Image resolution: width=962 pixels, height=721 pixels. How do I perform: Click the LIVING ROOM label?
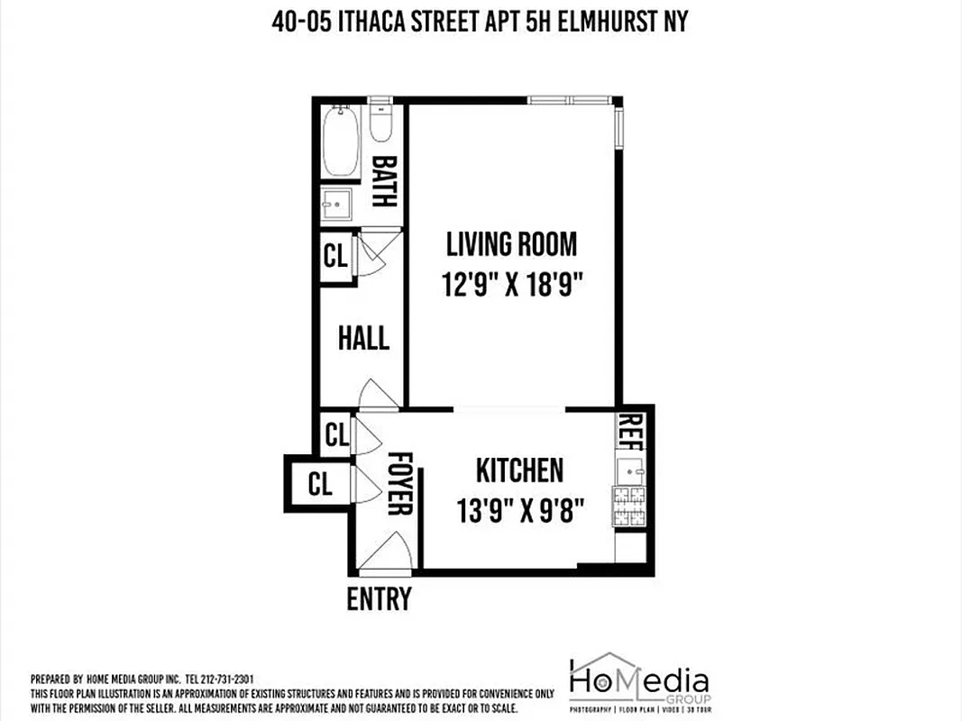tap(511, 244)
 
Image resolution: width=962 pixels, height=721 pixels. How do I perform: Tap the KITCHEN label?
tap(519, 470)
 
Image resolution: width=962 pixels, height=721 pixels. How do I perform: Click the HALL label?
tap(363, 339)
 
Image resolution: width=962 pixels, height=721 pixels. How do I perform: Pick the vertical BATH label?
tap(384, 182)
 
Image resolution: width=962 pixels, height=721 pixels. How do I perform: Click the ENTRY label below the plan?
tap(380, 598)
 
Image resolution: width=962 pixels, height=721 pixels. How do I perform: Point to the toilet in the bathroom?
tap(380, 123)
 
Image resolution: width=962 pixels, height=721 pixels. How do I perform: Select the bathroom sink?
tap(338, 205)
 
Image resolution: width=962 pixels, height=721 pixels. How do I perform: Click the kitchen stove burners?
tap(628, 507)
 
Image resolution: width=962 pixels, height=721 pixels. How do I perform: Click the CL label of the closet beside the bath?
tap(335, 257)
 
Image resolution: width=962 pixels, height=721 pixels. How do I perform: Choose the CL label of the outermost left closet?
tap(320, 484)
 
